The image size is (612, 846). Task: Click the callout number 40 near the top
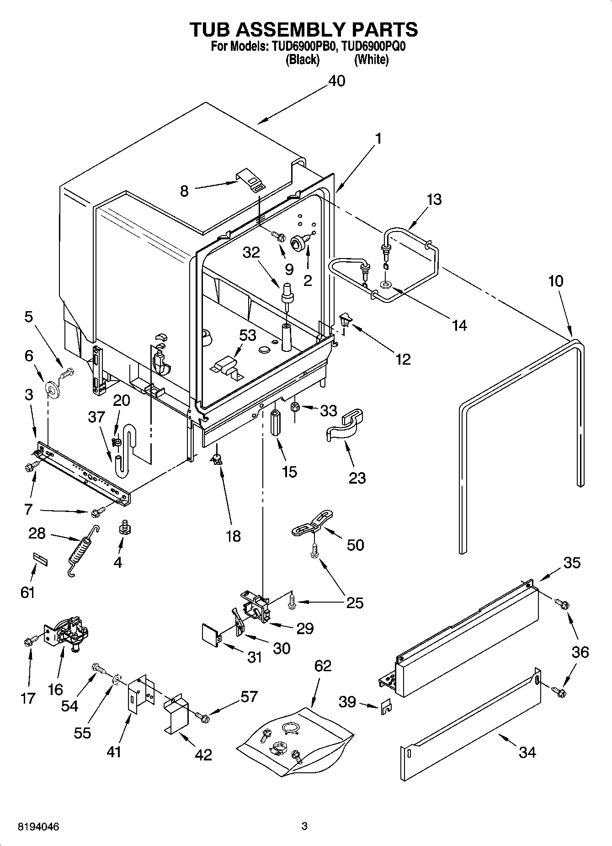[336, 81]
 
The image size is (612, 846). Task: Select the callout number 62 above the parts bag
[323, 666]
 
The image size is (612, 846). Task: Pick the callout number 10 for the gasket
[556, 281]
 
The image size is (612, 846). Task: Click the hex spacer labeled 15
[276, 424]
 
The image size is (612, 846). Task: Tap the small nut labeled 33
[295, 406]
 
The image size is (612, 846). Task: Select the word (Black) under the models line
[302, 59]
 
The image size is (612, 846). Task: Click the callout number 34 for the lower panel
[527, 752]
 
